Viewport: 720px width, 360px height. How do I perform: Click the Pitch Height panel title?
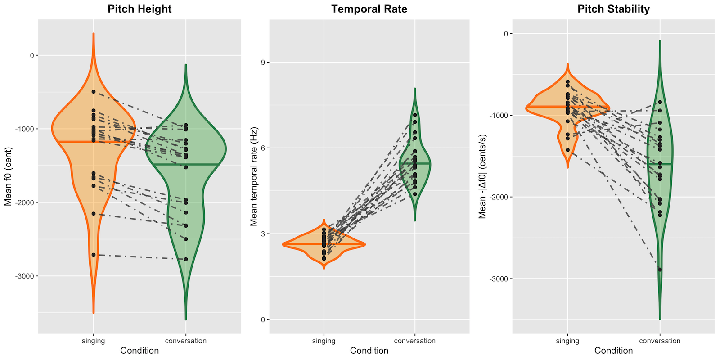pyautogui.click(x=139, y=9)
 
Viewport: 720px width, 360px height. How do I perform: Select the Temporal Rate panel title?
pyautogui.click(x=369, y=9)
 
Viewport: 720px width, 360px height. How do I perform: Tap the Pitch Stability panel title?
pyautogui.click(x=613, y=9)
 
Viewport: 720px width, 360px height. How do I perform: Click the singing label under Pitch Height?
pyautogui.click(x=93, y=341)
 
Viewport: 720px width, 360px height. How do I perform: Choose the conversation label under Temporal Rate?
pyautogui.click(x=414, y=341)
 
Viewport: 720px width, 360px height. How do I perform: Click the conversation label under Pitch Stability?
pyautogui.click(x=660, y=341)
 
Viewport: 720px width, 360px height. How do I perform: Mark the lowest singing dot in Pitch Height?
pyautogui.click(x=94, y=255)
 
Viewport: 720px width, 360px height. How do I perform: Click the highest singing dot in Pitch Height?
pyautogui.click(x=94, y=92)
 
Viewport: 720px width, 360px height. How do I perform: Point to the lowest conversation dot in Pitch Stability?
pyautogui.click(x=660, y=270)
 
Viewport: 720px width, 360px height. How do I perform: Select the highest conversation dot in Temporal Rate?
pyautogui.click(x=415, y=115)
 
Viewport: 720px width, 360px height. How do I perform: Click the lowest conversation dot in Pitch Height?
pyautogui.click(x=186, y=259)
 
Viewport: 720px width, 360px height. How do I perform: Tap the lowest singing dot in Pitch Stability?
pyautogui.click(x=568, y=150)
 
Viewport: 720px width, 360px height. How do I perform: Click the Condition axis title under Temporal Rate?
pyautogui.click(x=369, y=351)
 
